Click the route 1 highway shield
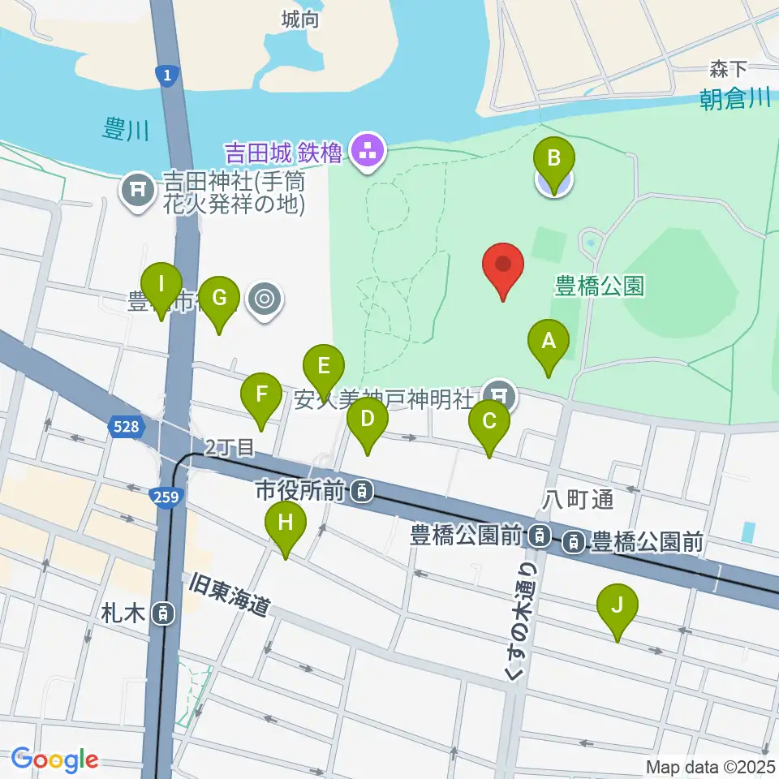click(x=166, y=75)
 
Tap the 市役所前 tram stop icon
click(x=363, y=490)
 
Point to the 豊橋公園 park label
click(x=600, y=286)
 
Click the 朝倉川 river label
click(x=735, y=99)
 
